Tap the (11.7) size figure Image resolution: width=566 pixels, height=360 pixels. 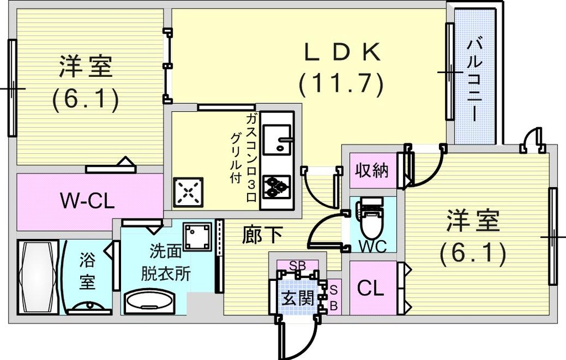click(x=340, y=84)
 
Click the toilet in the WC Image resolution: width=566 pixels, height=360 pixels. click(x=371, y=220)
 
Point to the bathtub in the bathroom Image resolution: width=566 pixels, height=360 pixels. click(x=38, y=277)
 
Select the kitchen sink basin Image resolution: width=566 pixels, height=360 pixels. click(x=277, y=139)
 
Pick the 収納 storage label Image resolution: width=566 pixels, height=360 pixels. click(x=372, y=170)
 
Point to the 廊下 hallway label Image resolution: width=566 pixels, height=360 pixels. click(x=262, y=234)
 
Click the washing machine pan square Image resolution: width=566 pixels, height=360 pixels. click(x=197, y=237)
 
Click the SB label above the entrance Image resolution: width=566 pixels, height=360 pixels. click(x=298, y=265)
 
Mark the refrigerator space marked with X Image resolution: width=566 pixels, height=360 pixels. click(x=188, y=192)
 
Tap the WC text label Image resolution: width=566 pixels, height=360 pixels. click(x=373, y=246)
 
